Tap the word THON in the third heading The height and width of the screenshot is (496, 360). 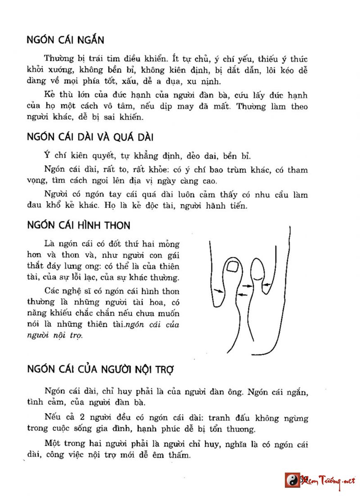pyautogui.click(x=118, y=224)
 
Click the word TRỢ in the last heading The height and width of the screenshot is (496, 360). pyautogui.click(x=163, y=370)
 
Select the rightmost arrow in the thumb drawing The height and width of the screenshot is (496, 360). pyautogui.click(x=265, y=284)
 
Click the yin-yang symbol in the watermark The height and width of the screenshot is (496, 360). pyautogui.click(x=292, y=480)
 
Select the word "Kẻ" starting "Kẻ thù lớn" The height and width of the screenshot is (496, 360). pyautogui.click(x=49, y=96)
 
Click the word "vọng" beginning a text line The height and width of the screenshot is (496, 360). pyautogui.click(x=36, y=182)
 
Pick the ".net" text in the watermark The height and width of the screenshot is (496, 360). pyautogui.click(x=346, y=481)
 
